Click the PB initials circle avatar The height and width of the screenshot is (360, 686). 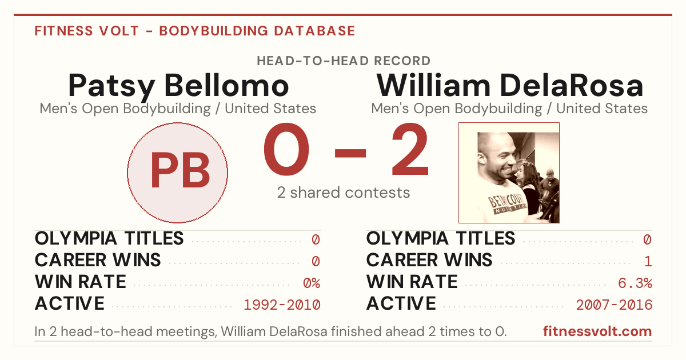[178, 173]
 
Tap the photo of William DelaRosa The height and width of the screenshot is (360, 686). [509, 173]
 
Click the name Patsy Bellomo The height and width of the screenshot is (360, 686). [178, 86]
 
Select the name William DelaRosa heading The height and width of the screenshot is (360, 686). [509, 85]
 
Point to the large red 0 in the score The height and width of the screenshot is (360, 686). [286, 149]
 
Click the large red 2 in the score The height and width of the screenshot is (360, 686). [410, 149]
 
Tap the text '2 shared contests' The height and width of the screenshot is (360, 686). [344, 193]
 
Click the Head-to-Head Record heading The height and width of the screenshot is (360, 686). [344, 61]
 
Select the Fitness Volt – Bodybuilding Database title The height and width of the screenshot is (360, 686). [195, 31]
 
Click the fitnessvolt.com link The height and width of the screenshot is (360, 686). [597, 331]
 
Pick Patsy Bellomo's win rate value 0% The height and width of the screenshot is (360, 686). [312, 283]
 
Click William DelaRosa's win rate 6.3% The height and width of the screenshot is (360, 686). [635, 283]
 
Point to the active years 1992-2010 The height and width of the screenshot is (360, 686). [282, 305]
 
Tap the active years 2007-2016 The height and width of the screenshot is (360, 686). [614, 305]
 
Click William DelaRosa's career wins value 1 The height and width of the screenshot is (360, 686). [648, 262]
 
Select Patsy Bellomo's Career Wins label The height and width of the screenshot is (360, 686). [98, 260]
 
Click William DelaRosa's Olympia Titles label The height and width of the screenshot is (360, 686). [441, 238]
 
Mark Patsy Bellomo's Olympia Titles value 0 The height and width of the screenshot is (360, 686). [316, 239]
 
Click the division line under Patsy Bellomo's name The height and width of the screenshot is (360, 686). [178, 109]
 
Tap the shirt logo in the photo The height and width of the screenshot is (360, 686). [507, 203]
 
